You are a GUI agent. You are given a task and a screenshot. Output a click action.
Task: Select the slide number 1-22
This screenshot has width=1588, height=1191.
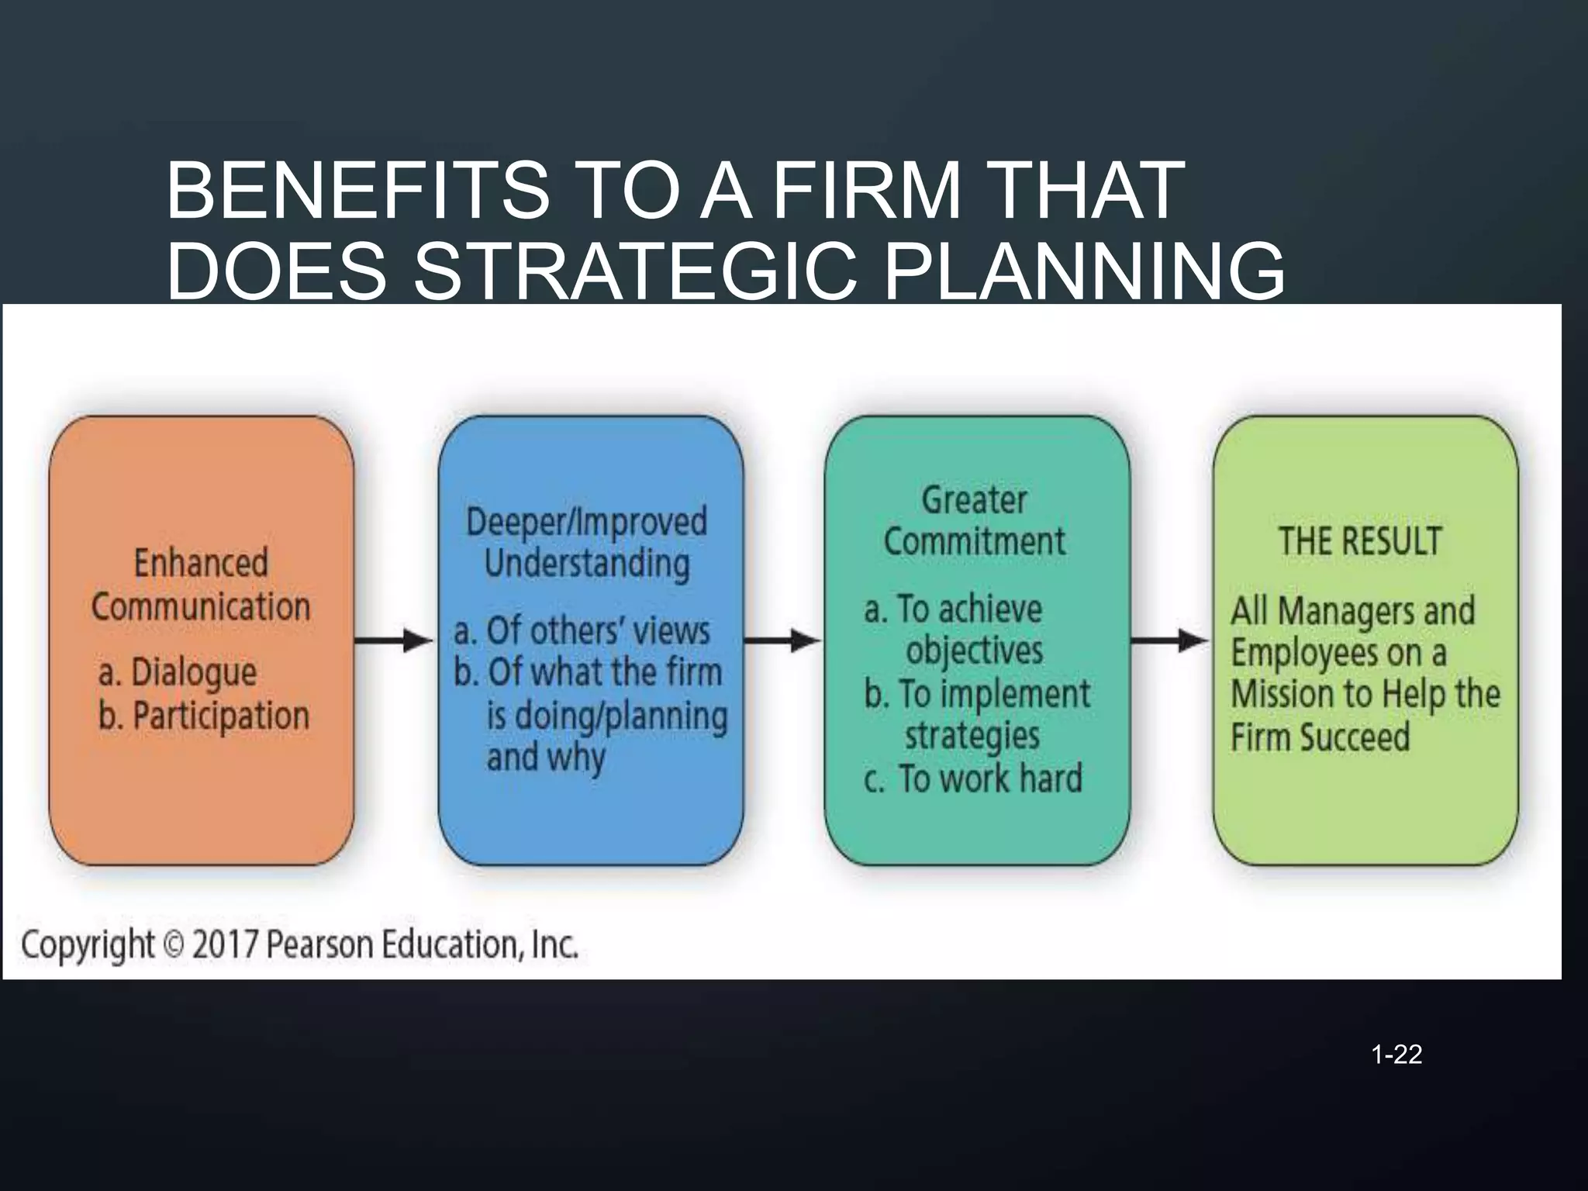coord(1396,1055)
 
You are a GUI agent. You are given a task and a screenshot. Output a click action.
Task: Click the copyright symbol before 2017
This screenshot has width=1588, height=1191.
coord(174,945)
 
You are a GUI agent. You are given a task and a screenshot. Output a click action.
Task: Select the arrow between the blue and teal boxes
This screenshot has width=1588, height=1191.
coord(782,641)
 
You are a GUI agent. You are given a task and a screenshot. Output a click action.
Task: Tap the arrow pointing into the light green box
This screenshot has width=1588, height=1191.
coord(1170,641)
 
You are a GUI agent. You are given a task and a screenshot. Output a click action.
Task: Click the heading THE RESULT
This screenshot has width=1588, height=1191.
coord(1360,540)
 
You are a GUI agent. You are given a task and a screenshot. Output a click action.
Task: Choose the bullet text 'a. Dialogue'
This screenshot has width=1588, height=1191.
coord(178,672)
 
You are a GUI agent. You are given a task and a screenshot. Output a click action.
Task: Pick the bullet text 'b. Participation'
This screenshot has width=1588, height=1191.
coord(204,716)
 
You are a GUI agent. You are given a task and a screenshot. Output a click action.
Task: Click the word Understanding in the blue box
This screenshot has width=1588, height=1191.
coord(587,564)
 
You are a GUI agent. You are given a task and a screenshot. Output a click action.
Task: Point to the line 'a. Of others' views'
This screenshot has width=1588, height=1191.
coord(582,631)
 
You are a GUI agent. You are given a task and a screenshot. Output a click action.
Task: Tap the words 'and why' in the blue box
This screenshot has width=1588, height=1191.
coord(545,758)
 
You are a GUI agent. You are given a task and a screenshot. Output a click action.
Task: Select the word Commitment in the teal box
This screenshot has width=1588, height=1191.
coord(975,540)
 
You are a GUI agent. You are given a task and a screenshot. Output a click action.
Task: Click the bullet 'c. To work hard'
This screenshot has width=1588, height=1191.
coord(973,778)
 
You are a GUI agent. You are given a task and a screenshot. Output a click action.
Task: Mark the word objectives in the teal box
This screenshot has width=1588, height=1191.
coord(975,650)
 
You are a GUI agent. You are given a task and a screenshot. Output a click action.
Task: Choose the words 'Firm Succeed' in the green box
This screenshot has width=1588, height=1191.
coord(1320,737)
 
